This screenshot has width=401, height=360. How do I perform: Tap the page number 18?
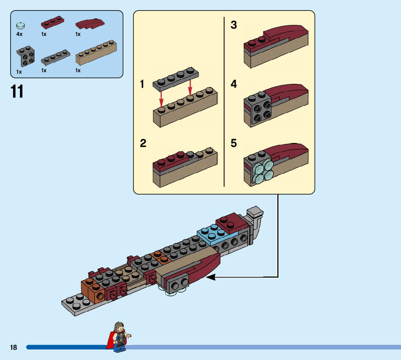click(14, 348)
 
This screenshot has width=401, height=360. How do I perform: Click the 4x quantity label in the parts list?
click(20, 34)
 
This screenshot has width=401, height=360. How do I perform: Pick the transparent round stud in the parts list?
click(21, 26)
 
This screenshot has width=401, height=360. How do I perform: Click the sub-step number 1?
click(142, 85)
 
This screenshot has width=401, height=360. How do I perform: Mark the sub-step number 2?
click(143, 143)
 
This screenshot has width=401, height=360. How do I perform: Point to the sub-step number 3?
click(234, 25)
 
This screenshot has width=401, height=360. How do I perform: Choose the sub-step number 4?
click(234, 85)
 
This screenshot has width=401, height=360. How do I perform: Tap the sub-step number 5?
click(234, 143)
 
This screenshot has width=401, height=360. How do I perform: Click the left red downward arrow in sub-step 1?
click(162, 98)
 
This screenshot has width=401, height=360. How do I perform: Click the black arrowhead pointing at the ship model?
click(211, 277)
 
